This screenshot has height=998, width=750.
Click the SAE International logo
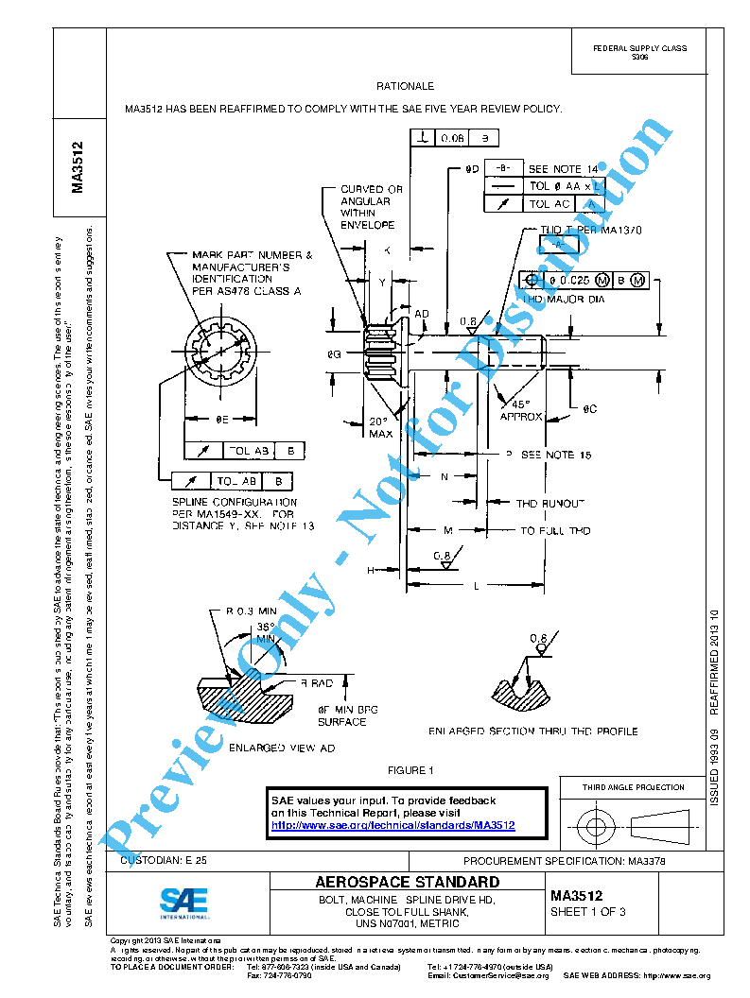click(183, 903)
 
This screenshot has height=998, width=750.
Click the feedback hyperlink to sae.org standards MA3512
click(392, 825)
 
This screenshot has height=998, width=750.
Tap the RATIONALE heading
click(405, 86)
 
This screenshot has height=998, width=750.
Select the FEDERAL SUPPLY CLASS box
click(639, 52)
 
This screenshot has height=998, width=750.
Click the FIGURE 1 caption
click(410, 770)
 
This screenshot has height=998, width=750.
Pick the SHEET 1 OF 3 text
click(587, 912)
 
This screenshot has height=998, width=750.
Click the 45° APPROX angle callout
click(520, 409)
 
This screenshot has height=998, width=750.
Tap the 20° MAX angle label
click(380, 427)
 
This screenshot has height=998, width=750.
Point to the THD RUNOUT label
click(549, 504)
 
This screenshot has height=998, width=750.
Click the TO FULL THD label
click(555, 531)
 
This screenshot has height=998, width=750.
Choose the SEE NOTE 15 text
click(555, 455)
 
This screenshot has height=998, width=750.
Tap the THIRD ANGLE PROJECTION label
click(633, 787)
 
